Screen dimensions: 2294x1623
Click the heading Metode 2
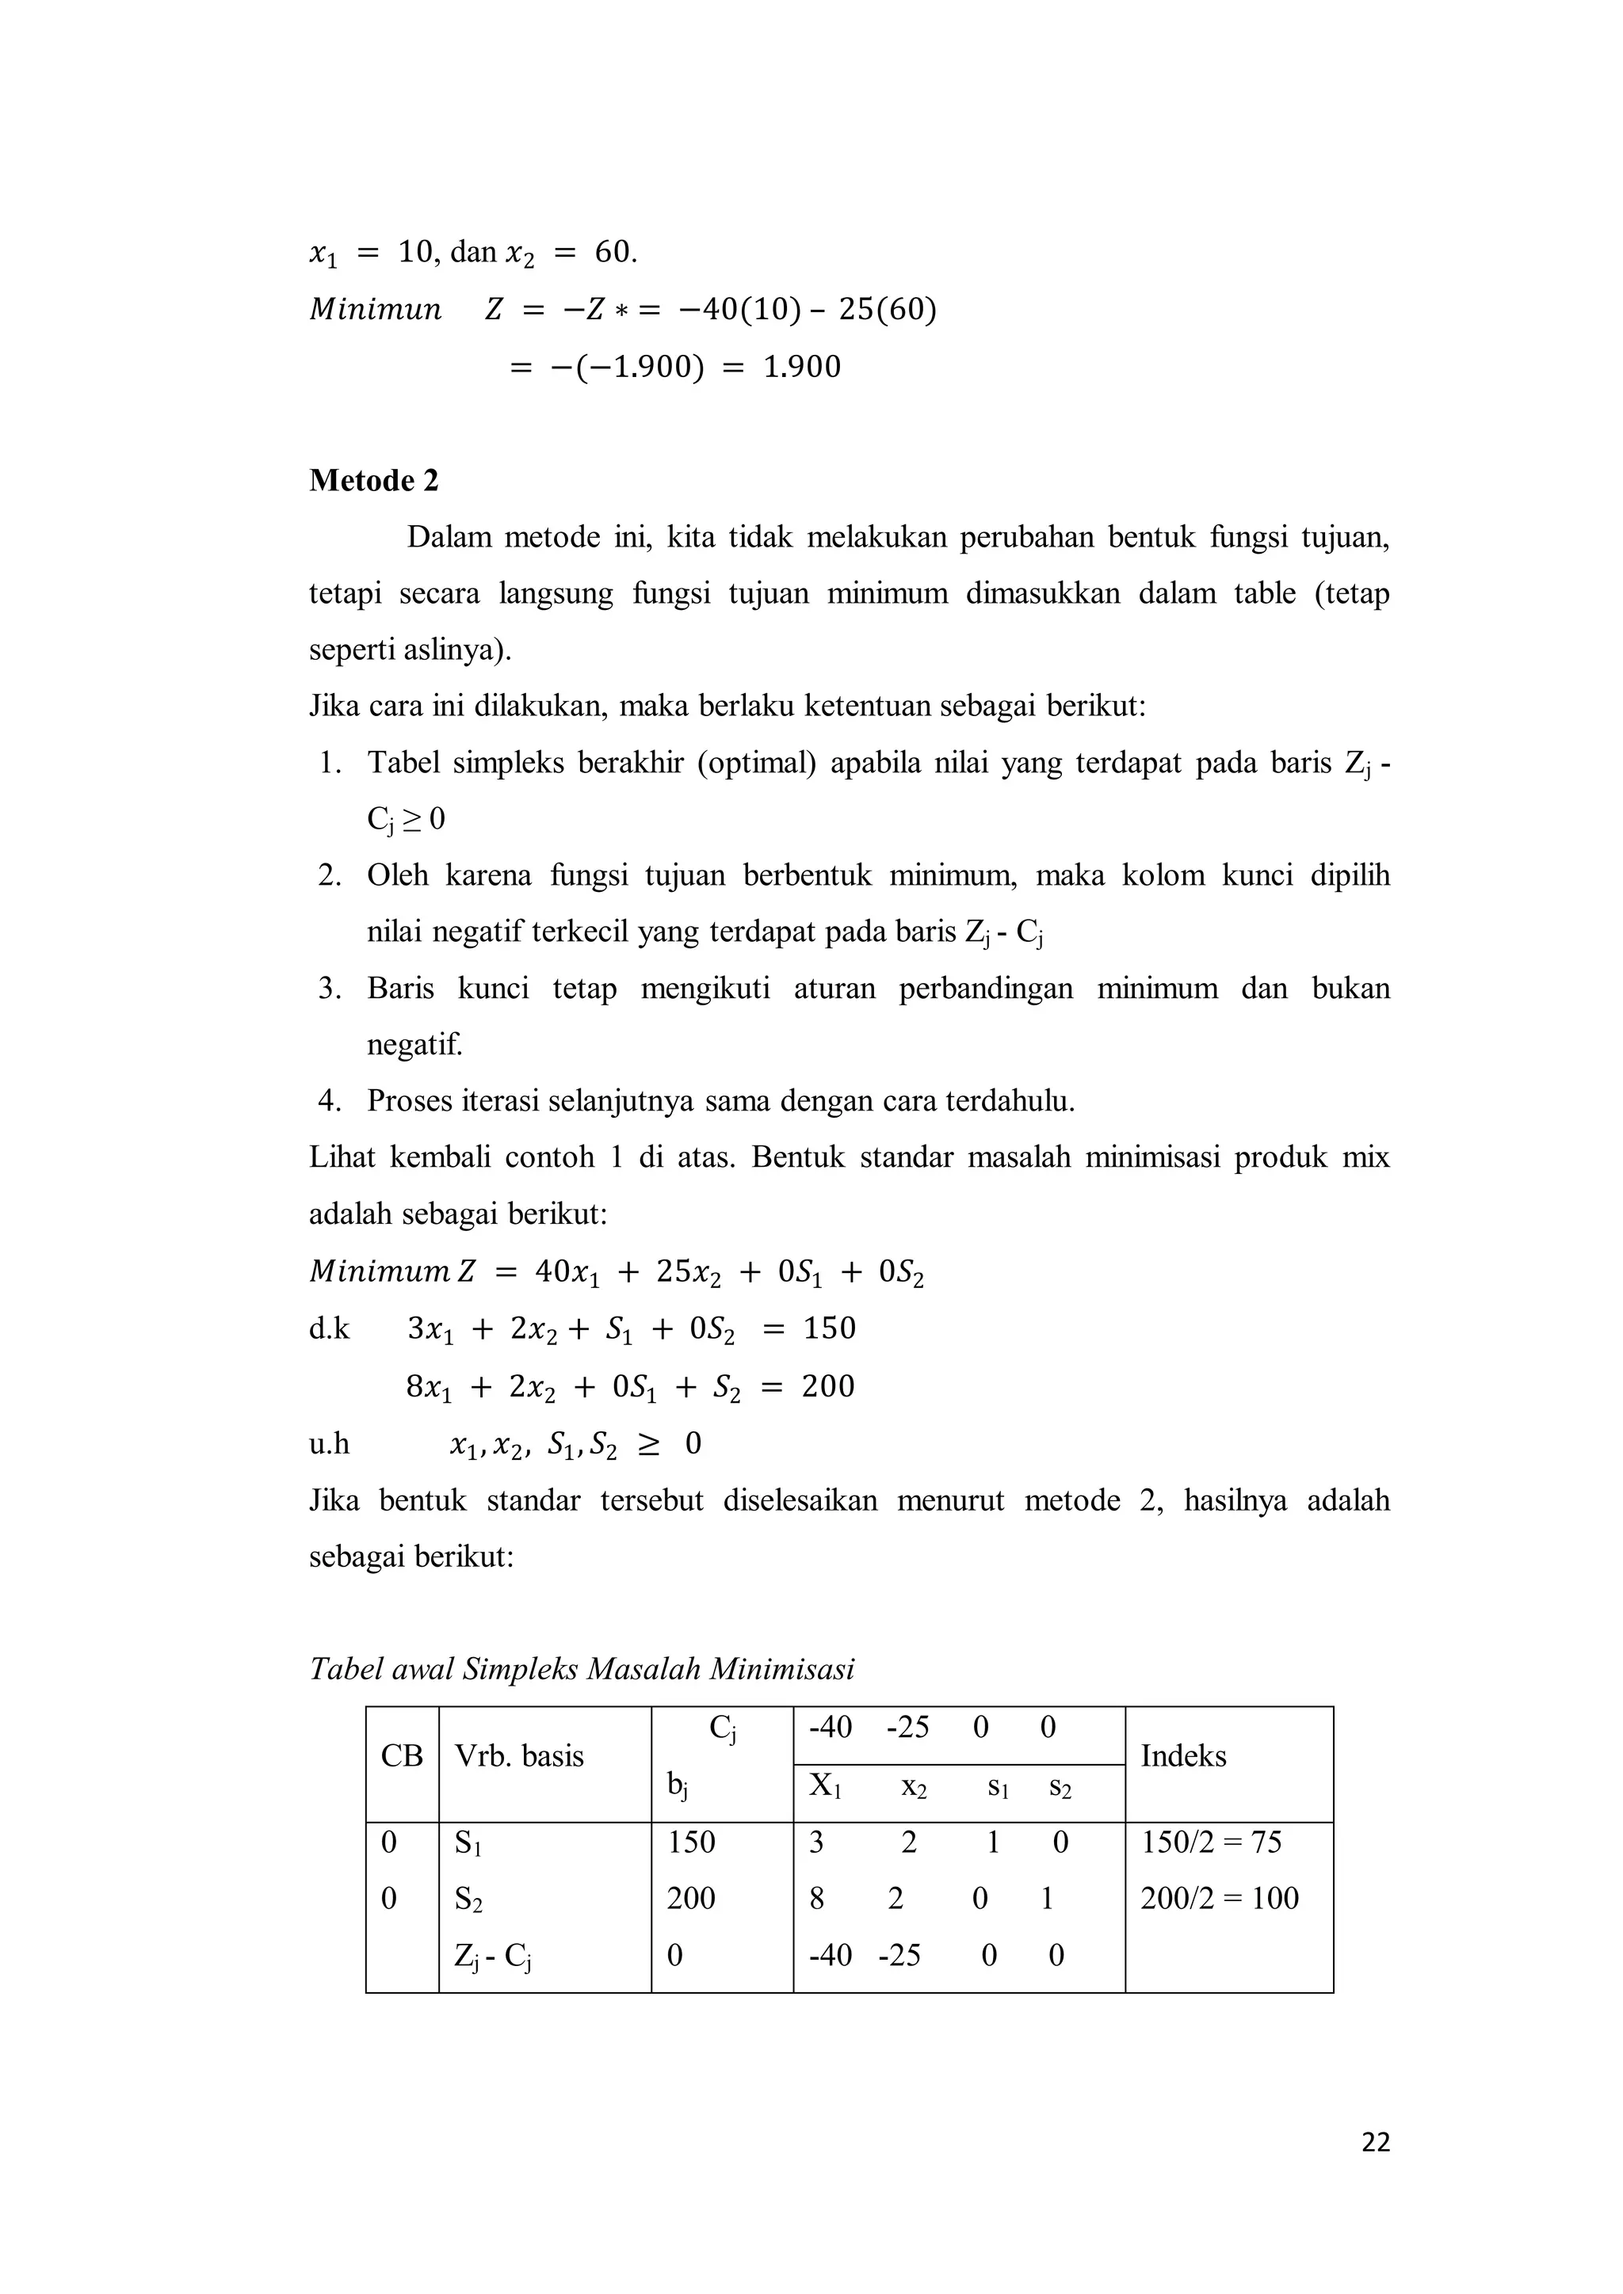coord(374,481)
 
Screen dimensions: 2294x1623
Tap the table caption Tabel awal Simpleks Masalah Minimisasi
coord(582,1668)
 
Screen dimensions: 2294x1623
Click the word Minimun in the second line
coord(375,310)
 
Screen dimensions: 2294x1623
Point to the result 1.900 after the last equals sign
coord(801,367)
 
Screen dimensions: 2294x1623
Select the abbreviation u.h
coord(329,1442)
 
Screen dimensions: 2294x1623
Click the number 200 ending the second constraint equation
coord(827,1385)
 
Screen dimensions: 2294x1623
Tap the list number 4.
coord(330,1101)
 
